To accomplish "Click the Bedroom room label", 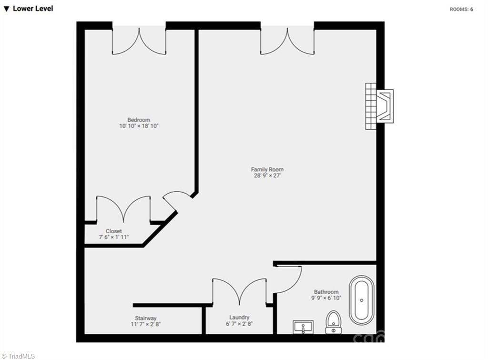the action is pyautogui.click(x=139, y=120).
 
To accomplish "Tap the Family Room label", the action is pyautogui.click(x=267, y=170).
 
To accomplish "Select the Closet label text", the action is pyautogui.click(x=114, y=231).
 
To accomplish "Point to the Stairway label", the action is pyautogui.click(x=146, y=318).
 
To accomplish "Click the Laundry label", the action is pyautogui.click(x=239, y=318).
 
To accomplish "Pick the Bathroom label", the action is pyautogui.click(x=326, y=292).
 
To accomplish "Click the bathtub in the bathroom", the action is pyautogui.click(x=362, y=300).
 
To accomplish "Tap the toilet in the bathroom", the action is pyautogui.click(x=333, y=322).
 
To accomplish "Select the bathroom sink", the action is pyautogui.click(x=303, y=327).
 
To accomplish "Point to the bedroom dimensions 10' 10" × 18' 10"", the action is pyautogui.click(x=139, y=126).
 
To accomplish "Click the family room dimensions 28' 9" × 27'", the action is pyautogui.click(x=267, y=175).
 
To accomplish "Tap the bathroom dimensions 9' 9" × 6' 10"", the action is pyautogui.click(x=326, y=298).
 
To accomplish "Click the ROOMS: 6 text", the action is pyautogui.click(x=461, y=10).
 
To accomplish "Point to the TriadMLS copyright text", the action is pyautogui.click(x=18, y=356).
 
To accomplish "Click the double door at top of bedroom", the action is pyautogui.click(x=139, y=41).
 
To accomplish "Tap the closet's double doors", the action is pyautogui.click(x=123, y=209).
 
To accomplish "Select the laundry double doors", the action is pyautogui.click(x=239, y=292).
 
